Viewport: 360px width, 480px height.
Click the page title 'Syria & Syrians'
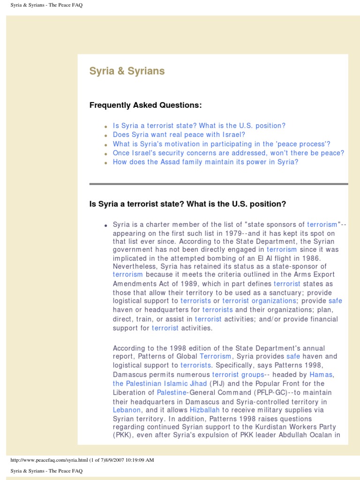click(127, 71)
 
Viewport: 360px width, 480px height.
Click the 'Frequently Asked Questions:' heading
click(145, 105)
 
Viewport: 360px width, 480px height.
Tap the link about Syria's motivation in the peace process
click(221, 144)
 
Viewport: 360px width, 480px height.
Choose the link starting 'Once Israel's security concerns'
click(228, 153)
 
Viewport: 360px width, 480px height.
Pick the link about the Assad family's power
click(205, 162)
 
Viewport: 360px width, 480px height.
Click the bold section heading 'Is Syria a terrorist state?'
click(187, 204)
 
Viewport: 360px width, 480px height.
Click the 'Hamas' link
click(321, 375)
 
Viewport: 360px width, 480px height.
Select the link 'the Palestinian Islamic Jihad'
click(160, 383)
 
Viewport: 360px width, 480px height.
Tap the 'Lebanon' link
click(127, 410)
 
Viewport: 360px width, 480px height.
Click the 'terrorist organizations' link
click(259, 300)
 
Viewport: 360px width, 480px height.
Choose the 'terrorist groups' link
click(238, 375)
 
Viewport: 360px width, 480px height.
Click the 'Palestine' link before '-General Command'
click(172, 392)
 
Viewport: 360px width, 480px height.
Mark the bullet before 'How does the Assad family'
click(106, 163)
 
